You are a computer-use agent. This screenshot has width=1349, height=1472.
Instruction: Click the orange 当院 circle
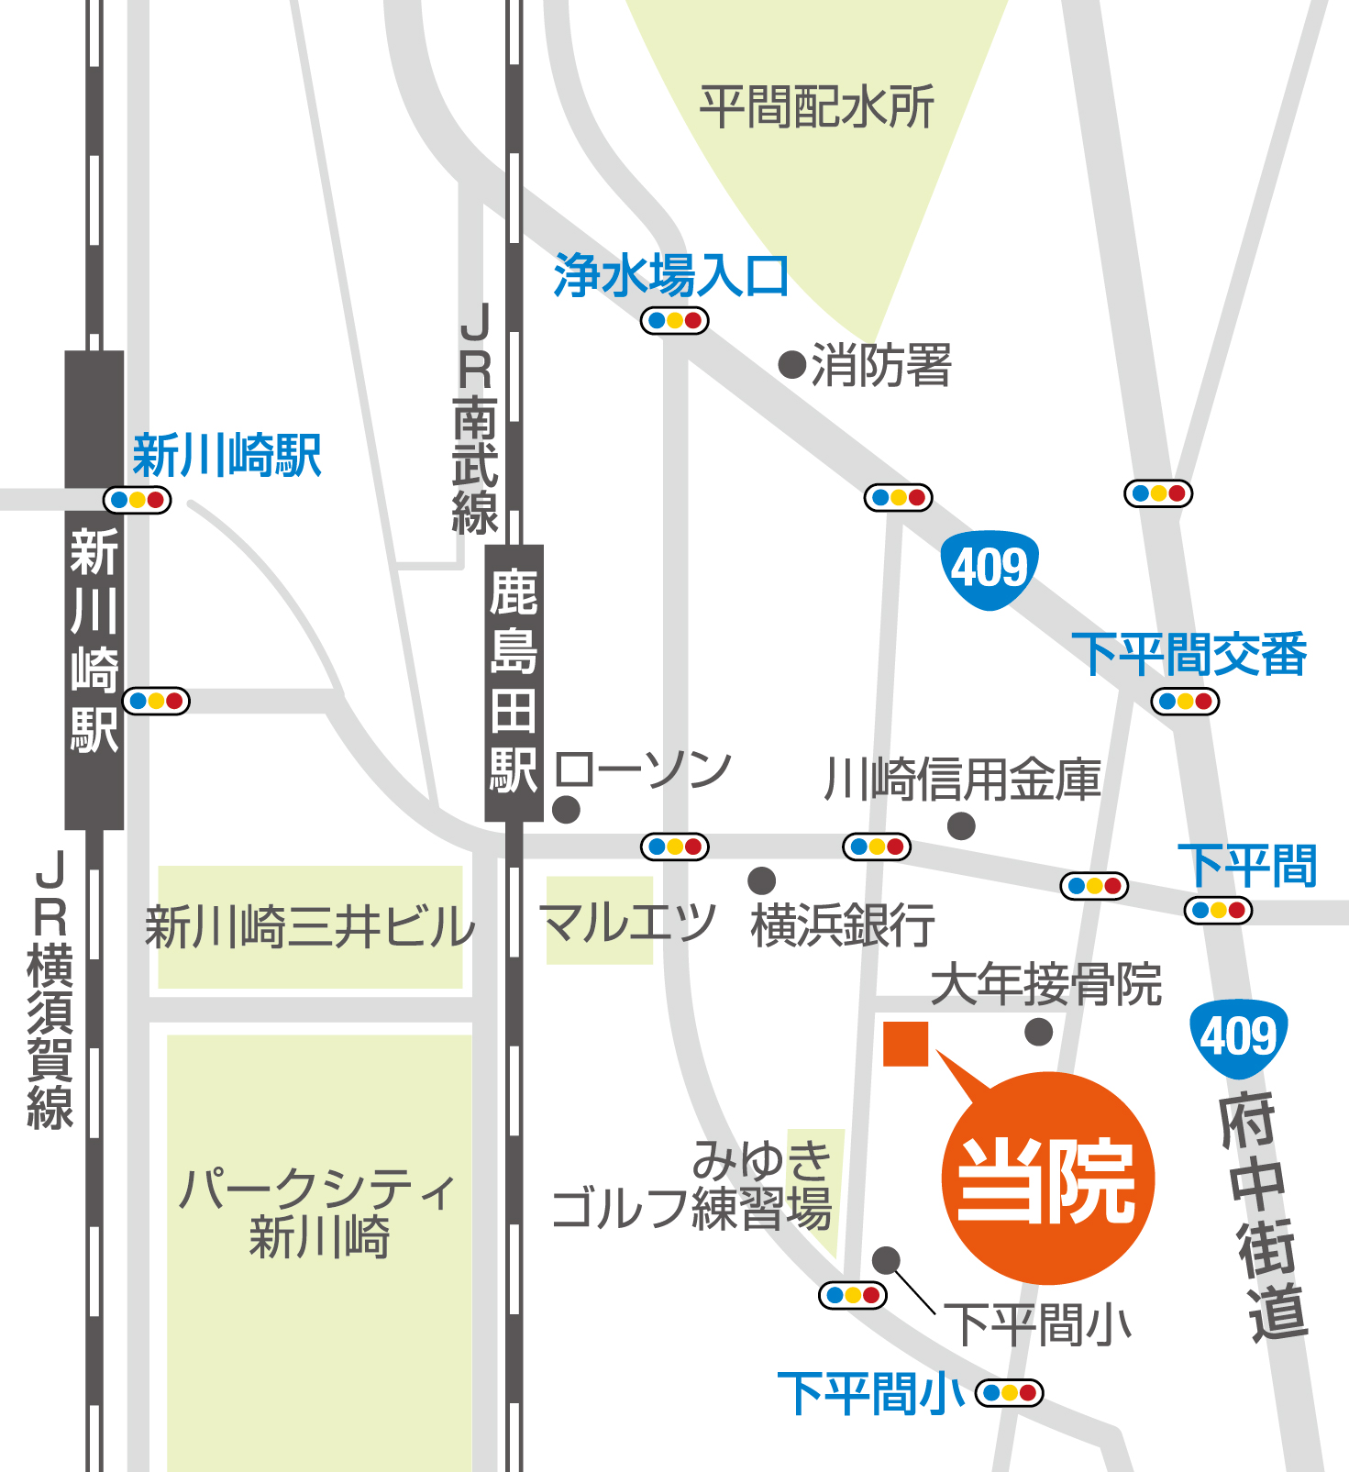(1047, 1179)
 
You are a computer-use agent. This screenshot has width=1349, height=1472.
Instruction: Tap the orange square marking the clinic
(905, 1044)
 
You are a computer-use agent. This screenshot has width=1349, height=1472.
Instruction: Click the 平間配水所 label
(816, 107)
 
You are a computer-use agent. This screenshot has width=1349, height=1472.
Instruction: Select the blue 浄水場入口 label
(670, 275)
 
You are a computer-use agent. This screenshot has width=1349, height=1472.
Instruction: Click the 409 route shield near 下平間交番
(990, 569)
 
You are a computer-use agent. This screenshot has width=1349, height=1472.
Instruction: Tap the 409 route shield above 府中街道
(1239, 1037)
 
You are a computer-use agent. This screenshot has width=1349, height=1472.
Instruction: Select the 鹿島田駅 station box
(514, 682)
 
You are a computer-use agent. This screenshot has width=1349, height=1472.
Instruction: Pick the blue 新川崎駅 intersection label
(227, 456)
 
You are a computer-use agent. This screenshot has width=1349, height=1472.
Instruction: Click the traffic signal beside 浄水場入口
(674, 321)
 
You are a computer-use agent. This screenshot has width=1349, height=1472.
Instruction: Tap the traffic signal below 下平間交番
(1185, 702)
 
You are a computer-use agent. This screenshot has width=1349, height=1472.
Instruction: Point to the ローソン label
(643, 770)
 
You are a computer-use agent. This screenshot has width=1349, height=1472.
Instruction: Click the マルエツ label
(627, 922)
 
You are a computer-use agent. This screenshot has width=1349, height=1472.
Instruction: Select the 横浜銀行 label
(843, 924)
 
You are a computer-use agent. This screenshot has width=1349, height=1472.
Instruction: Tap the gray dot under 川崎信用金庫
(961, 825)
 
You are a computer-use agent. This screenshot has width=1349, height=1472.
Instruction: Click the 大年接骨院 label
(1046, 985)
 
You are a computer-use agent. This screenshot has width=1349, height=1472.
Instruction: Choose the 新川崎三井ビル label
(310, 926)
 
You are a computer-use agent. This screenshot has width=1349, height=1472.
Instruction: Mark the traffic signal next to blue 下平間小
(1009, 1392)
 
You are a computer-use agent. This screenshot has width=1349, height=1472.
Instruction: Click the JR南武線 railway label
(476, 419)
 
